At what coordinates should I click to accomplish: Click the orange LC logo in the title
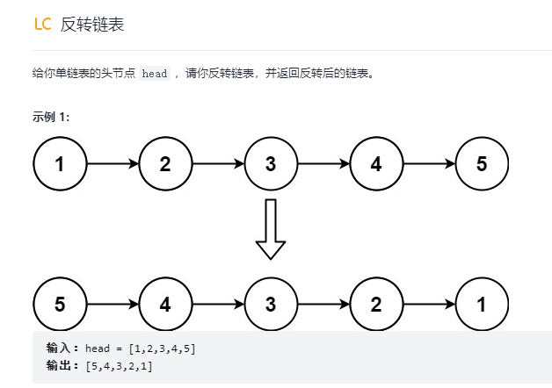(x=42, y=25)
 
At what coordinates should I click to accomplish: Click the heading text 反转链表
(x=92, y=25)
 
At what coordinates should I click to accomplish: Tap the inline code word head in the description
(x=155, y=74)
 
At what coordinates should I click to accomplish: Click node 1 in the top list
(x=60, y=163)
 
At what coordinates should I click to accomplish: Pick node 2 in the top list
(x=165, y=163)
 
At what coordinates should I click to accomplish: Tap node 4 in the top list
(x=376, y=163)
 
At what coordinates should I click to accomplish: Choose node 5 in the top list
(x=482, y=163)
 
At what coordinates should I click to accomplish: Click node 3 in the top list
(x=271, y=163)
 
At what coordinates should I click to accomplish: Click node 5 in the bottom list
(x=60, y=304)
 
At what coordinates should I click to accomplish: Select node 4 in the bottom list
(x=165, y=304)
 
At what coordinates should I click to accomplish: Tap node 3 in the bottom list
(x=271, y=304)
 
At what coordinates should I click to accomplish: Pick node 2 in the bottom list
(x=376, y=304)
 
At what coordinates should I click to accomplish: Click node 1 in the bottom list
(x=482, y=304)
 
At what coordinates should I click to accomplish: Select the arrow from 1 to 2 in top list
(x=113, y=163)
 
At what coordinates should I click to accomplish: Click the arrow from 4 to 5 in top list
(x=429, y=163)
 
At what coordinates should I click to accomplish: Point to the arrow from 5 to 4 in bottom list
(x=113, y=304)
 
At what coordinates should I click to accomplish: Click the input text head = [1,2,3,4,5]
(x=141, y=348)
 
